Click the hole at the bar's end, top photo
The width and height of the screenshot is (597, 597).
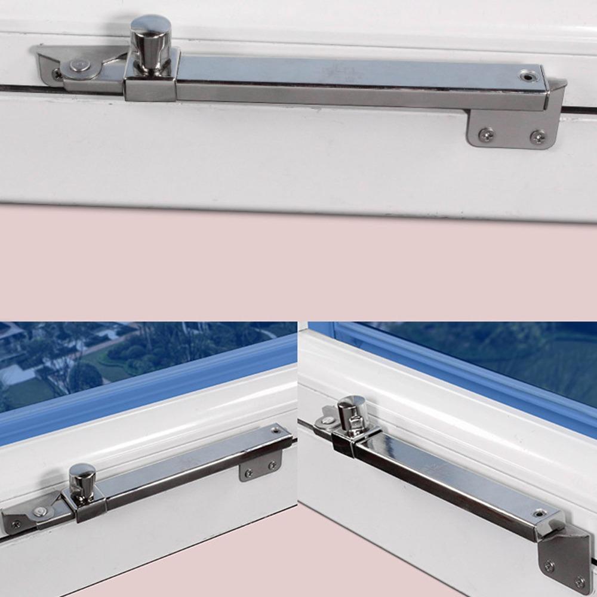[527, 76]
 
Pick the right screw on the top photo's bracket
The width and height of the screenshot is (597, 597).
[537, 137]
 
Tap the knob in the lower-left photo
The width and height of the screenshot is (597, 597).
[82, 478]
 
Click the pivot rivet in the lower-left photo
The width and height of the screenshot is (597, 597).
[40, 511]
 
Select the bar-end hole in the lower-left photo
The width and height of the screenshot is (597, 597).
[276, 429]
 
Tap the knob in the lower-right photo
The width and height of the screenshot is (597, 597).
[352, 411]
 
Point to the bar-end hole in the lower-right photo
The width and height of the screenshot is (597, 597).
[540, 513]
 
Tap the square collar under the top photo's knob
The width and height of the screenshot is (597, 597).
[151, 84]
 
